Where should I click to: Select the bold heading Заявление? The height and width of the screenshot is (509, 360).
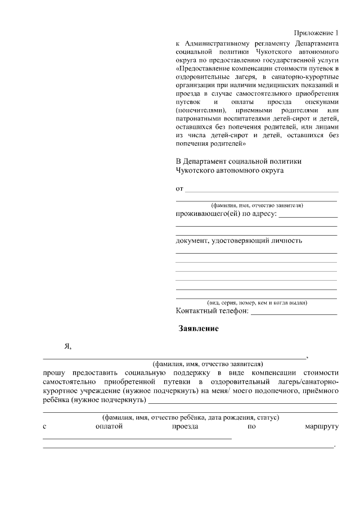pos(199,328)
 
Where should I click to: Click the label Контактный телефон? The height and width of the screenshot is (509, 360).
pos(212,311)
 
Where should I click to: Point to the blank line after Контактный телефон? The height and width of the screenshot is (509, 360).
pos(294,313)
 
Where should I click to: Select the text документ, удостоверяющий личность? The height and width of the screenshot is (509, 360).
pos(239,241)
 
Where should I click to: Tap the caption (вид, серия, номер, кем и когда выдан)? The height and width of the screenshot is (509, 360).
pos(256,303)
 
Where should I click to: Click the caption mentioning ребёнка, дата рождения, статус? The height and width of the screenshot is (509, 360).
pos(191,418)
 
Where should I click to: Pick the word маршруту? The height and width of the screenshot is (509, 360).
pos(318,427)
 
